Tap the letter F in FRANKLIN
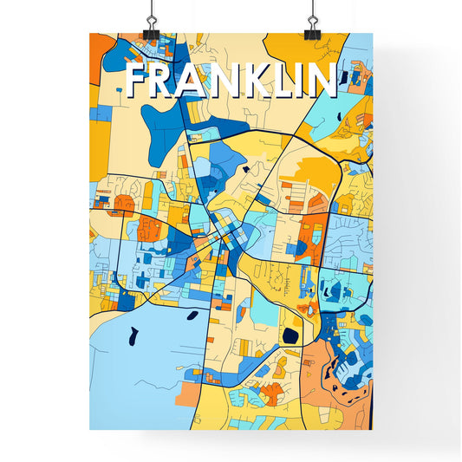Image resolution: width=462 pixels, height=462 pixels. (140, 80)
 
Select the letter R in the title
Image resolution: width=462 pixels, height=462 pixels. (168, 80)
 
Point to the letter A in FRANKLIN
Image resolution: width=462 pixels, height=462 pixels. (198, 80)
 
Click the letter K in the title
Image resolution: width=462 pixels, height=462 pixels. (259, 80)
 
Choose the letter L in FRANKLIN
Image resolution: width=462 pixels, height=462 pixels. (286, 80)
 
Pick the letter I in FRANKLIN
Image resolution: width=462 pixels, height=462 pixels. (304, 80)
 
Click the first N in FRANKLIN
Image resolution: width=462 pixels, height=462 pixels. (230, 80)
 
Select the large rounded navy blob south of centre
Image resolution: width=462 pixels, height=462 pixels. (290, 333)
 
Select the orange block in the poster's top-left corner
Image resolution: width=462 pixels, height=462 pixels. (101, 48)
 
